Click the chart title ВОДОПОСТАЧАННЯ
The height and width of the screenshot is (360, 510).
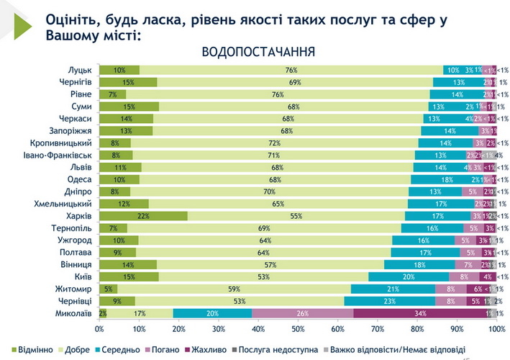pyautogui.click(x=258, y=52)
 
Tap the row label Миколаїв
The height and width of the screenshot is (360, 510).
pyautogui.click(x=74, y=313)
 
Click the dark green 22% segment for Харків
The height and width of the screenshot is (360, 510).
pyautogui.click(x=143, y=216)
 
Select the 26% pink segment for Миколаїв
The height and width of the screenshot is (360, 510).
pyautogui.click(x=303, y=313)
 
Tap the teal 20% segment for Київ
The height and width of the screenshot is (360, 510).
pyautogui.click(x=409, y=276)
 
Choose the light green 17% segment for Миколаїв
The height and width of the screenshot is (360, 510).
pyautogui.click(x=140, y=313)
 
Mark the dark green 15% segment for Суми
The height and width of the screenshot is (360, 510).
pyautogui.click(x=129, y=107)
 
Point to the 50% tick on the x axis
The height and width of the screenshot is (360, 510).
pyautogui.click(x=298, y=328)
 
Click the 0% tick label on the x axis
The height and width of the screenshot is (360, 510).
pyautogui.click(x=99, y=328)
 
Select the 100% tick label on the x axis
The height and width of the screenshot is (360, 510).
pyautogui.click(x=496, y=328)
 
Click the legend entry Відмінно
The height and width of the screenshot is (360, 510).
pyautogui.click(x=29, y=349)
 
